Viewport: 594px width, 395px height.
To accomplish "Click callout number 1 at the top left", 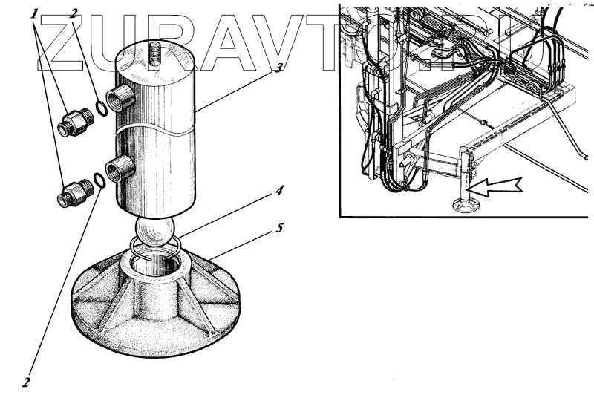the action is point(34,14).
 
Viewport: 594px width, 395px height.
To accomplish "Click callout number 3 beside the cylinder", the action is point(278,68).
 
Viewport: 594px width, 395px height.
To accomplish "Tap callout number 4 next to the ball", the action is point(278,191).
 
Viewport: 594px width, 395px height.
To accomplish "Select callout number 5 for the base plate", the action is point(279,228).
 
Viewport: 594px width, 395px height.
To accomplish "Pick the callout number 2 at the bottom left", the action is point(25,382).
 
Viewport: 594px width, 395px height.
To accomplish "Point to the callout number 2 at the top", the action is point(73,13).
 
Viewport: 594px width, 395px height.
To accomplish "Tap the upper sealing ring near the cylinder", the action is point(101,108).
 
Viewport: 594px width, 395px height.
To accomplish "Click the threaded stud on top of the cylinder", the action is point(154,56).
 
